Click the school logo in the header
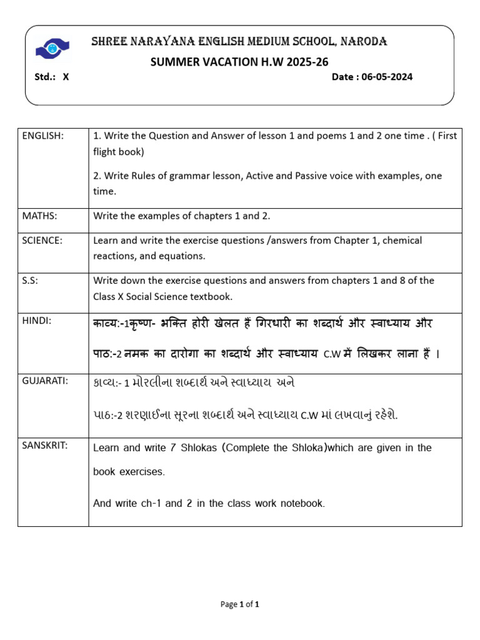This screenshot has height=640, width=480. (x=52, y=46)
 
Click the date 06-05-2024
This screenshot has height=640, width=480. (x=387, y=77)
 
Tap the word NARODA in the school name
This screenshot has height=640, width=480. (x=364, y=42)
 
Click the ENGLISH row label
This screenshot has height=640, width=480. (x=42, y=136)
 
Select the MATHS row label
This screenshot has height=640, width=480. (x=40, y=216)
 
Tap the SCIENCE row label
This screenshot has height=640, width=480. (x=42, y=240)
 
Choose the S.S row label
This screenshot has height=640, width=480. (x=30, y=281)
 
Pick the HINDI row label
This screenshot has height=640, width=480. (x=36, y=321)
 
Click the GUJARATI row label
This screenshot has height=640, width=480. (x=44, y=379)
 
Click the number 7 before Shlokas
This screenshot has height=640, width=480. (x=172, y=447)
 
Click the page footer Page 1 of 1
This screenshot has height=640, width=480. (x=240, y=604)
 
